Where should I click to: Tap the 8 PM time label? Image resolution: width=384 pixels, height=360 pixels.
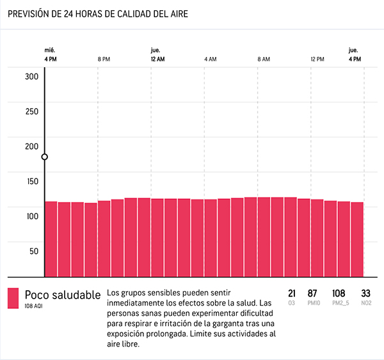tap(104, 59)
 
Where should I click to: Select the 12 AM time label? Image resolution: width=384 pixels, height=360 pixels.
tap(157, 59)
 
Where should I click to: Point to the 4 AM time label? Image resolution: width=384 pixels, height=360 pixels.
tap(211, 59)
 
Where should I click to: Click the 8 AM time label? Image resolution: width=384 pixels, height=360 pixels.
tap(264, 59)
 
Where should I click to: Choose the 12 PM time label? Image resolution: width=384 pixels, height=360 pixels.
tap(317, 59)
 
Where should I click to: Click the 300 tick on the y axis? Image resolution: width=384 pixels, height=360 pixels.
tap(32, 77)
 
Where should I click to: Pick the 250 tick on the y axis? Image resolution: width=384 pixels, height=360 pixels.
tap(32, 111)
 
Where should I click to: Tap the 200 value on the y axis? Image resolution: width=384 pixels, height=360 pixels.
tap(32, 146)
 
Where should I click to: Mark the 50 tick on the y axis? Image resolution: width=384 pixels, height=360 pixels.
tap(32, 251)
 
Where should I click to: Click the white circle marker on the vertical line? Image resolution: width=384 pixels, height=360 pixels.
tap(44, 157)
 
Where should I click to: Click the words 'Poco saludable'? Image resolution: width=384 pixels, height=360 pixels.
tap(63, 295)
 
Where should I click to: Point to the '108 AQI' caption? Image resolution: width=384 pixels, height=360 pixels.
tap(34, 306)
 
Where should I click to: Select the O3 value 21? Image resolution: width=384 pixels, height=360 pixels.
tap(292, 293)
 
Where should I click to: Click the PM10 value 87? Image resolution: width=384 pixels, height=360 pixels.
tap(313, 293)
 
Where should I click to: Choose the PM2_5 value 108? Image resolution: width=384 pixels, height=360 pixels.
tap(339, 293)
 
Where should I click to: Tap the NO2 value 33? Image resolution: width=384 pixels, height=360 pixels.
tap(366, 293)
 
